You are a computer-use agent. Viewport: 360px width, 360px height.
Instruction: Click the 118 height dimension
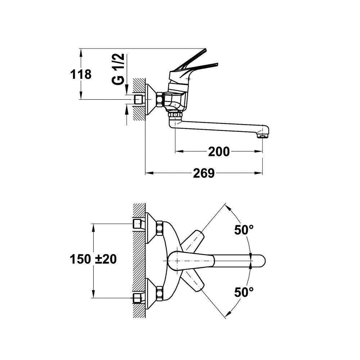[81, 75]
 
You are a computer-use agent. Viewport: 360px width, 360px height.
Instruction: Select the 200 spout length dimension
[219, 152]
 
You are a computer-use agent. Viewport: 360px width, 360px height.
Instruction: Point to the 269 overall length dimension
[204, 173]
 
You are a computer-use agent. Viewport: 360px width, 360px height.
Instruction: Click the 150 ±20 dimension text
[93, 259]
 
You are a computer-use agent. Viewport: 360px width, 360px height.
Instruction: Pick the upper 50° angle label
[244, 230]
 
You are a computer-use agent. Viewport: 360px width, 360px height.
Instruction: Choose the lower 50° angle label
[244, 292]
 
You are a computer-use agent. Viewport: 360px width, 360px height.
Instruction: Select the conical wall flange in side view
[150, 100]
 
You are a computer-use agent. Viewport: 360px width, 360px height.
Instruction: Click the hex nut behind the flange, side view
[160, 99]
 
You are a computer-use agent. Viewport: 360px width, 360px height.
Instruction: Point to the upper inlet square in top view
[137, 224]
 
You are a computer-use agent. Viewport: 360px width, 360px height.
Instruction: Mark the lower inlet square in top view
[137, 298]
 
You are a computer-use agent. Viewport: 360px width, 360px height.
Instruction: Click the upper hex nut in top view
[159, 228]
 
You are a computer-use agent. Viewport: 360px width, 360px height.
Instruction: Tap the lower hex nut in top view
[159, 294]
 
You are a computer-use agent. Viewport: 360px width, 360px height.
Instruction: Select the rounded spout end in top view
[260, 261]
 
